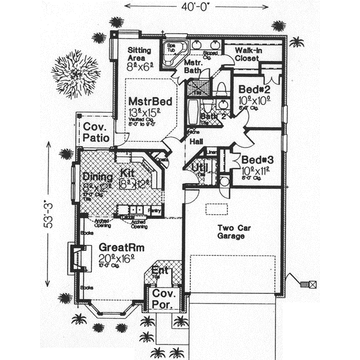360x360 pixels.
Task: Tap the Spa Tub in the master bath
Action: pyautogui.click(x=173, y=53)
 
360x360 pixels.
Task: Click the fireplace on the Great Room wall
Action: pyautogui.click(x=76, y=257)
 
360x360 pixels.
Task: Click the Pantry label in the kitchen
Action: pyautogui.click(x=154, y=211)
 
